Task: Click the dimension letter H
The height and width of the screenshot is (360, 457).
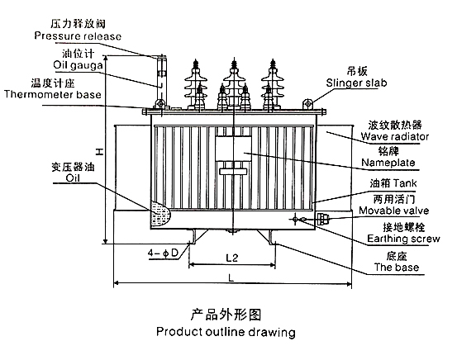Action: (x=98, y=151)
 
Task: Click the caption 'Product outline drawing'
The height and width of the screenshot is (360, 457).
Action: (x=226, y=334)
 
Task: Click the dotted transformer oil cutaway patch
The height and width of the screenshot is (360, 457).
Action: (x=160, y=216)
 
